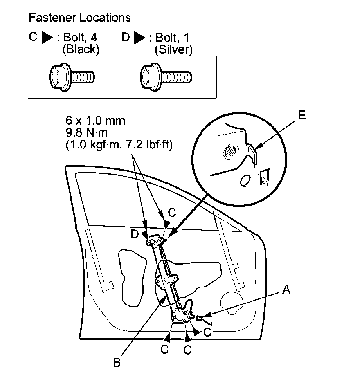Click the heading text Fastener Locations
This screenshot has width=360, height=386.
point(80,18)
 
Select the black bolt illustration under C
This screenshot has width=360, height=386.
point(72,76)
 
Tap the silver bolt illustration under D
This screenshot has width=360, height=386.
point(166,76)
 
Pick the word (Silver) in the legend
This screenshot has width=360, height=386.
point(173,50)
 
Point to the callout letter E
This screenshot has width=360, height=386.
point(301,116)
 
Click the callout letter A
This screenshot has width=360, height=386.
point(286,290)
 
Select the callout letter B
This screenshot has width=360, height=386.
point(117,362)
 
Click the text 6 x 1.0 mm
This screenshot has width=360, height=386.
point(95,121)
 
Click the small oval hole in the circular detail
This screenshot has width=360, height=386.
point(245,181)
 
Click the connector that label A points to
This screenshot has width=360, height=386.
point(199,317)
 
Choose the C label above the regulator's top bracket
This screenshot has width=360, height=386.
point(172,213)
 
